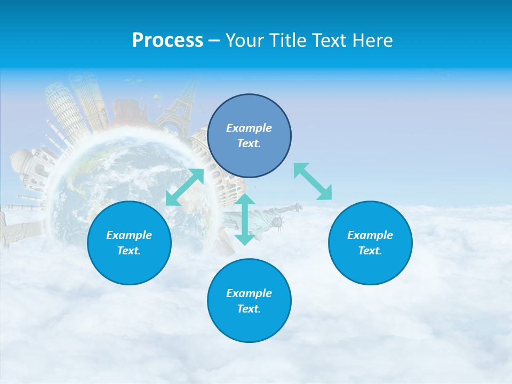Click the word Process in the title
tap(167, 41)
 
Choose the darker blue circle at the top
tap(249, 135)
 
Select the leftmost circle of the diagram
tap(129, 243)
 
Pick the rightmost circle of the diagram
tap(370, 243)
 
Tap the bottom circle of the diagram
tap(249, 300)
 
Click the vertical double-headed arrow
tap(245, 219)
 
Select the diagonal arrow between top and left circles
tap(185, 187)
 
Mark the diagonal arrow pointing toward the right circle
tap(313, 181)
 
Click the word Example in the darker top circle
tap(249, 128)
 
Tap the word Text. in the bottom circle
tap(249, 309)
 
